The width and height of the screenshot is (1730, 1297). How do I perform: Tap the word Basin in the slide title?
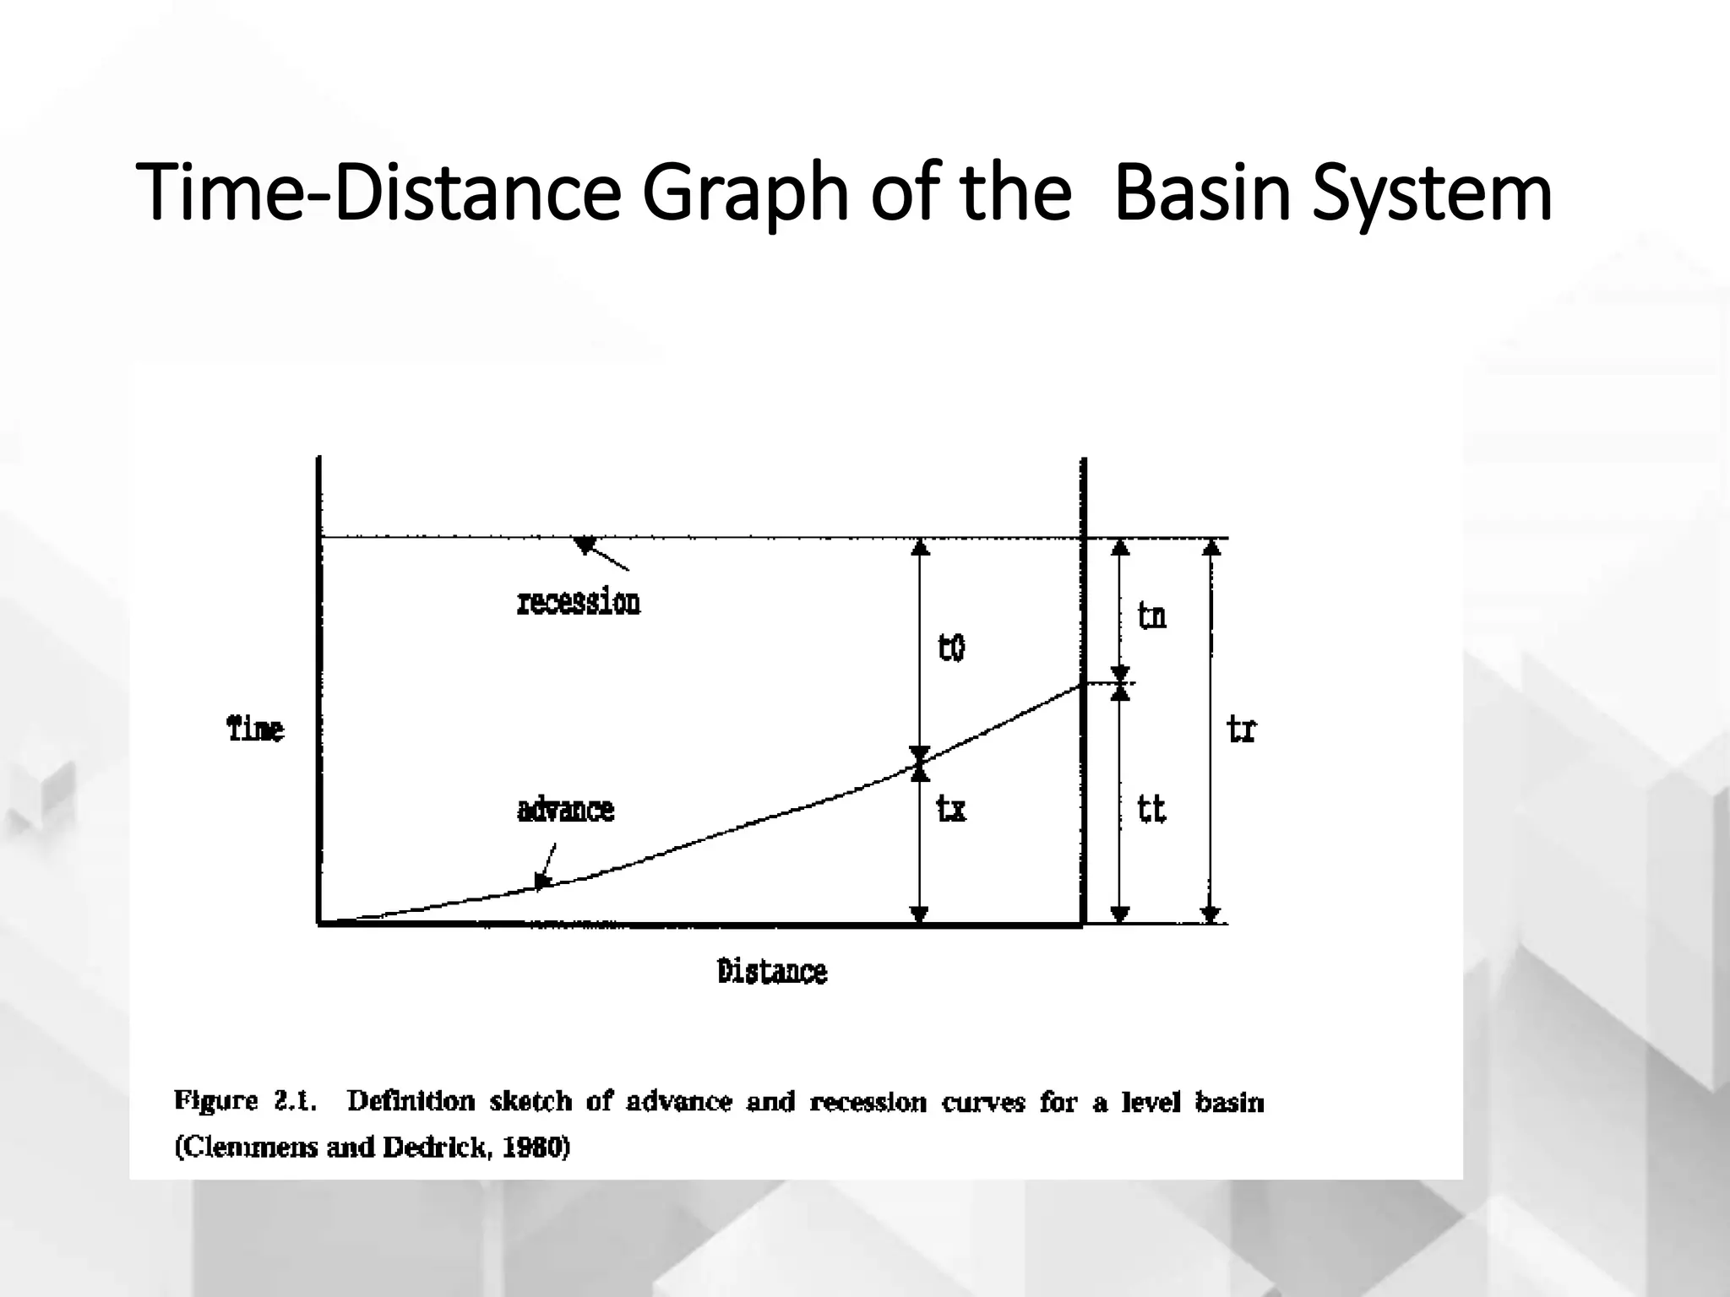(1203, 193)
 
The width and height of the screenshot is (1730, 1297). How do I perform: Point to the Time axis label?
(256, 729)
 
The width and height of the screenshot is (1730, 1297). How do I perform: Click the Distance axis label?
(772, 972)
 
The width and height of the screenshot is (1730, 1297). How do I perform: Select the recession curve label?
(579, 603)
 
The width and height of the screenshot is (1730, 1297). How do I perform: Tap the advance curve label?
(565, 810)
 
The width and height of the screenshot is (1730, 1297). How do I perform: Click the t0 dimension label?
(951, 648)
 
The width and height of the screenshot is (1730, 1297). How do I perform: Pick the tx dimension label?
(951, 810)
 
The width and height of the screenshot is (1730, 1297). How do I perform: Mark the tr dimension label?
(1242, 729)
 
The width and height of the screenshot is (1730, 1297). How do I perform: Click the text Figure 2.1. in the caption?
(246, 1101)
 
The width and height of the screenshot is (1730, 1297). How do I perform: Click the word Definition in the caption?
(411, 1101)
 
